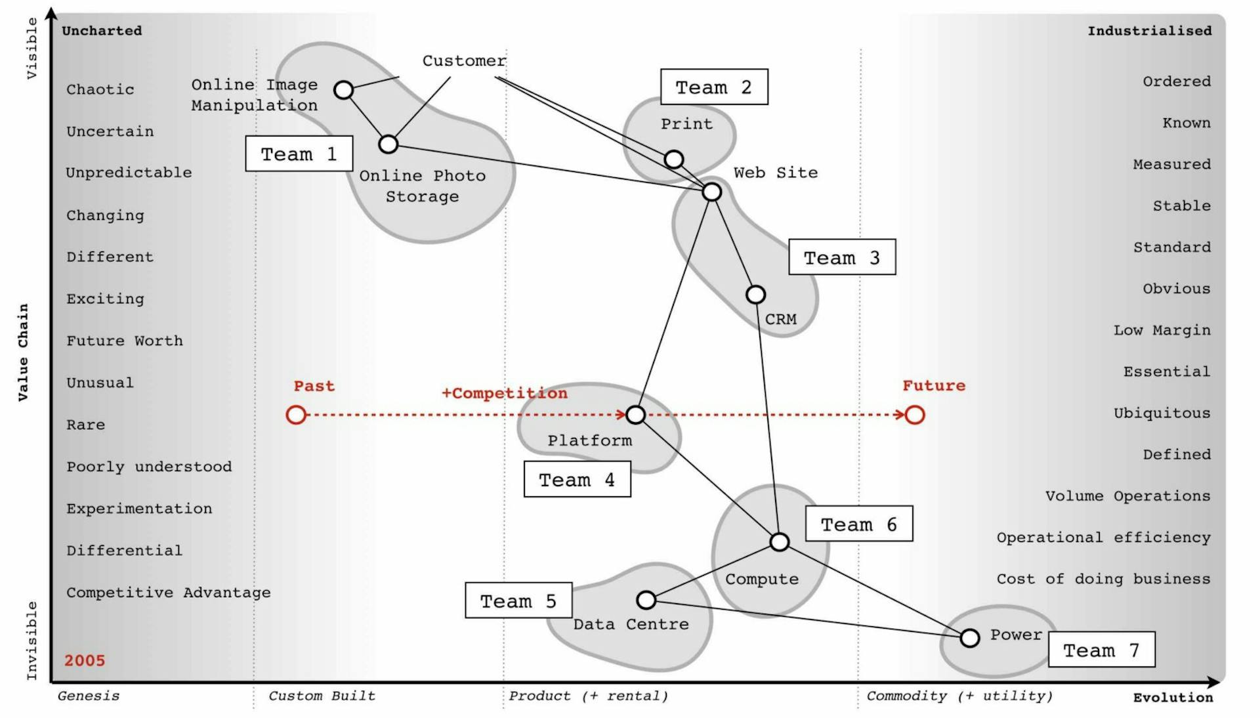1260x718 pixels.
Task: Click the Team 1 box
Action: (x=299, y=154)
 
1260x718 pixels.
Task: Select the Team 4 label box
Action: (x=577, y=479)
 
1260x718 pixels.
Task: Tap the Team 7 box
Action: (x=1102, y=650)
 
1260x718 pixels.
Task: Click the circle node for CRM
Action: (x=756, y=295)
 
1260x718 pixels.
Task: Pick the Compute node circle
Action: (x=780, y=542)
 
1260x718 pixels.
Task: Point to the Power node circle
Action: (x=970, y=637)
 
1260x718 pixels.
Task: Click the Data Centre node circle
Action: (x=646, y=600)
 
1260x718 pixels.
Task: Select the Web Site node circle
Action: (x=712, y=192)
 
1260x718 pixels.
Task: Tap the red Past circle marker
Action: (x=296, y=415)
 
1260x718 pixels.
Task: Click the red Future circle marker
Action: (x=915, y=415)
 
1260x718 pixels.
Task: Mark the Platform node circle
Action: (x=635, y=415)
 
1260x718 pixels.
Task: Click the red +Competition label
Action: (x=504, y=393)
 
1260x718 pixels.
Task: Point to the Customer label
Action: (x=464, y=61)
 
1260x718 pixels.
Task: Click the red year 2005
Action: (x=85, y=660)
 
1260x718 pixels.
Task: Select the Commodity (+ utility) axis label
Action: (x=959, y=696)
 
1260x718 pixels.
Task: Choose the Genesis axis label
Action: (x=89, y=696)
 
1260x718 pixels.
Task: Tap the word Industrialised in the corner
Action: (x=1149, y=31)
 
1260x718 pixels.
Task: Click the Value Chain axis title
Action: (x=24, y=352)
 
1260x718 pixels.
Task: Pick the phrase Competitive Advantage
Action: (x=169, y=593)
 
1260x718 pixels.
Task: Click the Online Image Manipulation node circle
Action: (x=344, y=90)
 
